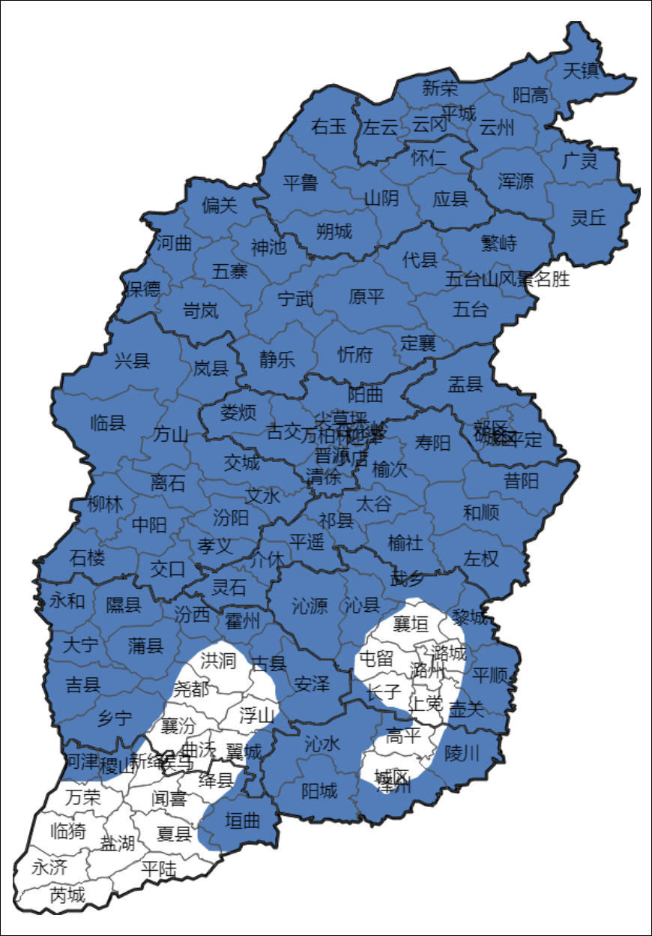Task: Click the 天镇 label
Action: click(580, 71)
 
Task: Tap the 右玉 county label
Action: click(329, 126)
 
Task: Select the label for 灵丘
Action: click(588, 217)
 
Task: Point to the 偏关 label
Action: click(220, 205)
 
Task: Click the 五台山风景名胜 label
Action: click(507, 280)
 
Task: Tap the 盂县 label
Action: click(465, 385)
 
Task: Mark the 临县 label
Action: click(107, 423)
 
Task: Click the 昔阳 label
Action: click(521, 481)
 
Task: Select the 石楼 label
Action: click(88, 558)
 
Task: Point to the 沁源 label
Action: click(310, 605)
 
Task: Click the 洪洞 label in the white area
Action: click(218, 661)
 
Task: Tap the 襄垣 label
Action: click(411, 623)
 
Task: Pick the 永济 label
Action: click(49, 868)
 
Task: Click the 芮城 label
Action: click(67, 895)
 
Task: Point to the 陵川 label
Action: click(462, 753)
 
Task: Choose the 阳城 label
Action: click(319, 790)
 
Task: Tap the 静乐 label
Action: click(277, 359)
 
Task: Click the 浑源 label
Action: click(516, 181)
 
